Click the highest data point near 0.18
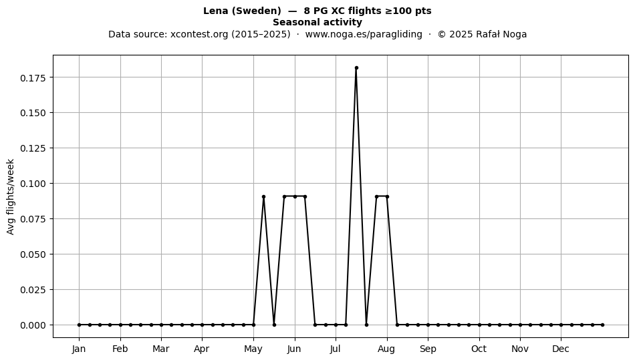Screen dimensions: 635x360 [356, 68]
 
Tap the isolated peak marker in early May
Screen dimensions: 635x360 [263, 196]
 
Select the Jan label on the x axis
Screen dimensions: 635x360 [79, 349]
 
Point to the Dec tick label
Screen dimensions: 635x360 [561, 349]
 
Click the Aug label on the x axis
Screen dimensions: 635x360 [386, 349]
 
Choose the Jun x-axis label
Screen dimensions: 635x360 [294, 349]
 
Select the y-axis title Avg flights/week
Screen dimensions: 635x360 [11, 196]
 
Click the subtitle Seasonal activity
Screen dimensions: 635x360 [317, 22]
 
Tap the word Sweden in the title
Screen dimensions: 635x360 [256, 11]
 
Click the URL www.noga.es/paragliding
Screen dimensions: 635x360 [364, 34]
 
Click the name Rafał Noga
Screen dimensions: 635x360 [501, 34]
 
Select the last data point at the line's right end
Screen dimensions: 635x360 [603, 325]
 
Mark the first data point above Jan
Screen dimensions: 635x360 [79, 325]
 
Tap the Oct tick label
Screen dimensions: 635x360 [479, 349]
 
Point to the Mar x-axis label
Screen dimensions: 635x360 [161, 349]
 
